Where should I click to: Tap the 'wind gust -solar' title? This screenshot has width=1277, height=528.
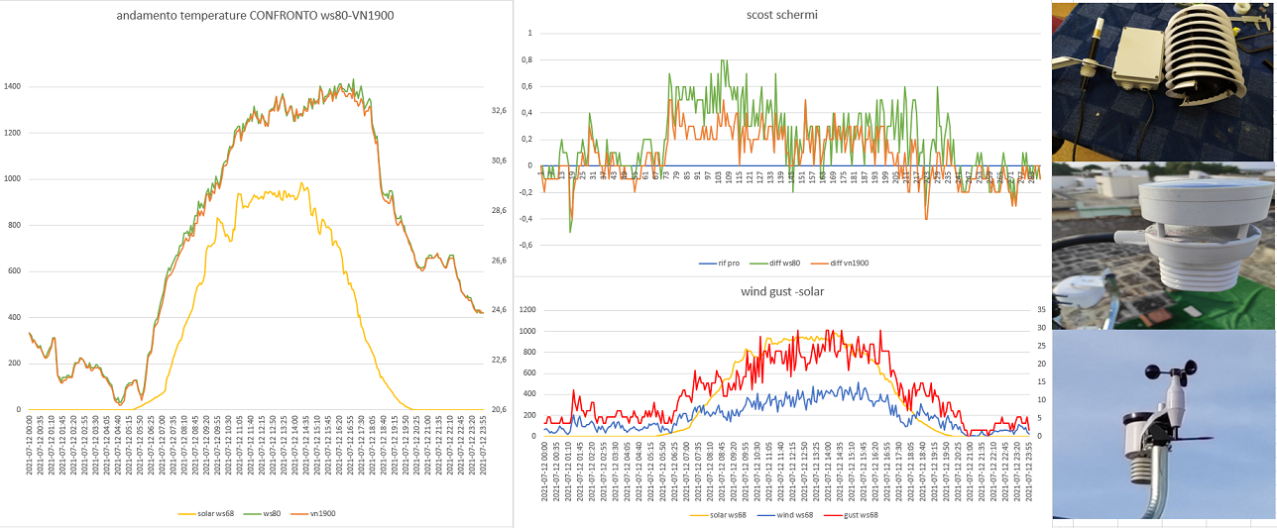click(783, 292)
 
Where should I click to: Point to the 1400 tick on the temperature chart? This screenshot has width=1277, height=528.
click(12, 87)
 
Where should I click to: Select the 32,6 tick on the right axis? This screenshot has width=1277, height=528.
click(498, 111)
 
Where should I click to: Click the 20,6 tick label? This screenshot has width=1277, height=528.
click(498, 409)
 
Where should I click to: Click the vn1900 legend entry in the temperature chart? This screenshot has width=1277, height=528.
click(322, 514)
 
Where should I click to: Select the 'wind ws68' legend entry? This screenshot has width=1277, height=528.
click(788, 514)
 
